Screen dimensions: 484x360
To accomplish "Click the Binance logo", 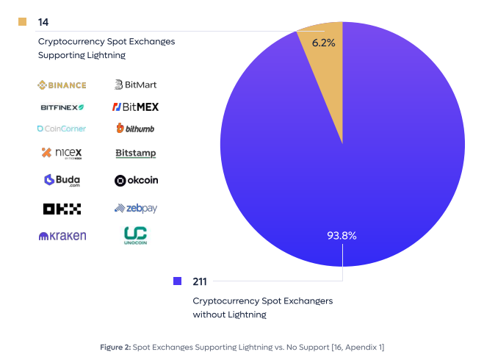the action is click(62, 85).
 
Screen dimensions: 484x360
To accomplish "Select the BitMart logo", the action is click(136, 84).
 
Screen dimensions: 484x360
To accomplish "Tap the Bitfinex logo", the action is click(62, 107).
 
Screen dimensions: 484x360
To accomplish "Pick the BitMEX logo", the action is click(136, 107).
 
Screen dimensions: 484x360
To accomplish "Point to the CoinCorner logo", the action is click(62, 129).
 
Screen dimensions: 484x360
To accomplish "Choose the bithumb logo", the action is click(135, 128).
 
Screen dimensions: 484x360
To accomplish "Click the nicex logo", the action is click(62, 153).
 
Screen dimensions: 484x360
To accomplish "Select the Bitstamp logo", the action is click(136, 153).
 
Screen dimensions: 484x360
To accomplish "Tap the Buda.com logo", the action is click(62, 180).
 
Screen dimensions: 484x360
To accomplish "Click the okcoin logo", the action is click(136, 180).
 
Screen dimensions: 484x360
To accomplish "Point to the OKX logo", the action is click(62, 209).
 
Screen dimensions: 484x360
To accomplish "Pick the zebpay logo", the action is click(136, 209).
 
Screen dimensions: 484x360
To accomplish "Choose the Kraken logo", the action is click(62, 236).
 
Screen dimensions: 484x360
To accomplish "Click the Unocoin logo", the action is click(136, 236).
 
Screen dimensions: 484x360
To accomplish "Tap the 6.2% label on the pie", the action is click(323, 43).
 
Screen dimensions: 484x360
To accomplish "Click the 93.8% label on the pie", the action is click(342, 236).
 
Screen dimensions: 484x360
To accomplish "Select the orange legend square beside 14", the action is click(22, 21).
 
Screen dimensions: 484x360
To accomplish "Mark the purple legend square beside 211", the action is click(178, 281).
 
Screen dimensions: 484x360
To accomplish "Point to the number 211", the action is click(200, 281).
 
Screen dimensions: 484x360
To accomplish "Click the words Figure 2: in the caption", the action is click(116, 348).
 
